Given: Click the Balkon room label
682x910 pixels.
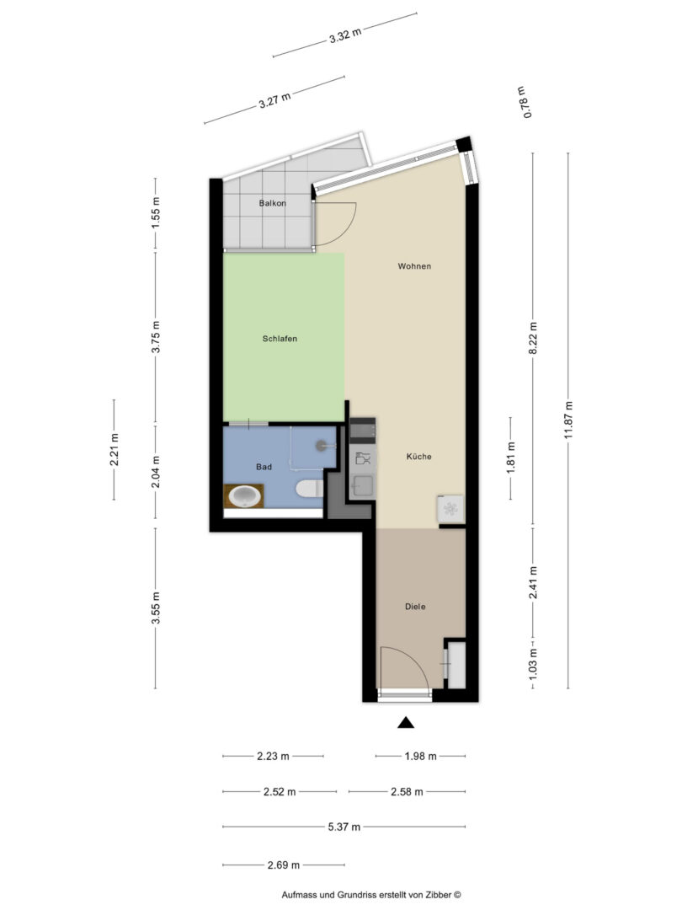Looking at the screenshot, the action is [273, 203].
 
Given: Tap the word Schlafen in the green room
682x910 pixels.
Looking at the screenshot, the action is [280, 339].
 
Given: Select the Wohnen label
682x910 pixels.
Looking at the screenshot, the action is [414, 265].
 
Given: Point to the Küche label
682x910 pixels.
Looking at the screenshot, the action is [418, 456].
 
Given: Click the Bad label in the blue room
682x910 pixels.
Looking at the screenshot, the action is [264, 467].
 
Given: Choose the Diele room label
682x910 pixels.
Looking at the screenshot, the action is [415, 607].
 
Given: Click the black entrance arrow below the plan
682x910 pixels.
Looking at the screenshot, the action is [406, 723].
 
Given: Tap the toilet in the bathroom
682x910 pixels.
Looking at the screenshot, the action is [309, 489].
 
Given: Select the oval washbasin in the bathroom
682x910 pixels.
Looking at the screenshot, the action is [244, 496].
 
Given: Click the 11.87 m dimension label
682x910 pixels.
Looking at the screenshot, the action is [568, 420].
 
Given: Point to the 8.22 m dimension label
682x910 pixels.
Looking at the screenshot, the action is [534, 338].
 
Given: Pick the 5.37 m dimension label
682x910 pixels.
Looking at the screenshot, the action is [344, 827].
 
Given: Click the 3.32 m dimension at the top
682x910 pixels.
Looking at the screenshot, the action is [345, 35].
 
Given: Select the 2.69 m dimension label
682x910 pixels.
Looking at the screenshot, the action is [284, 864].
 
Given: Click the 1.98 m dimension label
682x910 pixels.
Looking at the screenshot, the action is [420, 756].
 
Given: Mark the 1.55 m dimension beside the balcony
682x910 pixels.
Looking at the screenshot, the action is [156, 212].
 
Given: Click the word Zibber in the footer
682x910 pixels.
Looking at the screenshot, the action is [440, 895].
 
